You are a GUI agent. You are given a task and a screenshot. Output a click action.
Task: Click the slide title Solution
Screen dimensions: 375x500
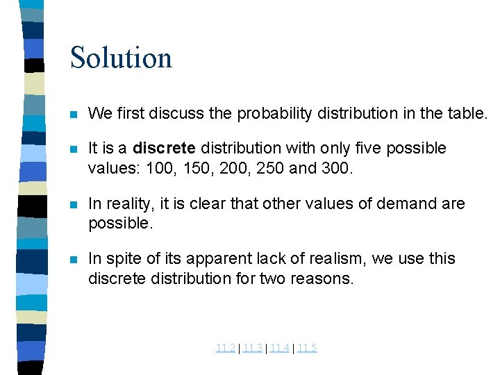pyautogui.click(x=121, y=57)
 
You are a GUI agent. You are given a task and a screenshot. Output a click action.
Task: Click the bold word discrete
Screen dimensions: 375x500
pyautogui.click(x=165, y=149)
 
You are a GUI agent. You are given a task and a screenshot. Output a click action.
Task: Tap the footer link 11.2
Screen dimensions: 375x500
pyautogui.click(x=225, y=348)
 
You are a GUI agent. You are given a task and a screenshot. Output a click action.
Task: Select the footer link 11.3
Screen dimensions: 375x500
pyautogui.click(x=253, y=348)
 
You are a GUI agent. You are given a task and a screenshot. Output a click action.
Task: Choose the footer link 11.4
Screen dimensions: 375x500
pyautogui.click(x=279, y=348)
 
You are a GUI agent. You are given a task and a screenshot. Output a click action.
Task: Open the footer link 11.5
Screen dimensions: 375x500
pyautogui.click(x=306, y=348)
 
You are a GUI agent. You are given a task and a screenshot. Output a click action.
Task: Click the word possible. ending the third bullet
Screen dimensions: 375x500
pyautogui.click(x=119, y=224)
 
